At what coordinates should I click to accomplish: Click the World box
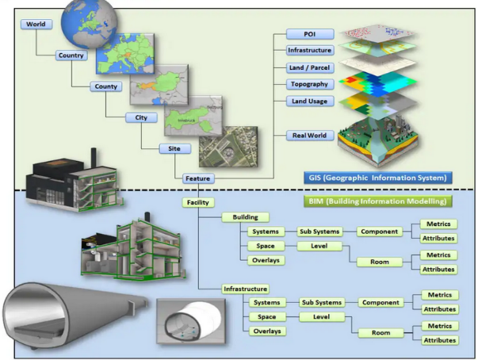[36, 25]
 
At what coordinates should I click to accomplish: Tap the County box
[105, 87]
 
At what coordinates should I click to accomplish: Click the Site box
[174, 148]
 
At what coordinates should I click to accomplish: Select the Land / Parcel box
[308, 67]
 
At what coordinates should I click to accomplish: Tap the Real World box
[308, 136]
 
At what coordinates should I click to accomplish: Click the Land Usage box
[308, 101]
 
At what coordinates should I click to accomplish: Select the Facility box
[197, 202]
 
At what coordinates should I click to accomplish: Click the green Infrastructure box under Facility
[245, 289]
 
